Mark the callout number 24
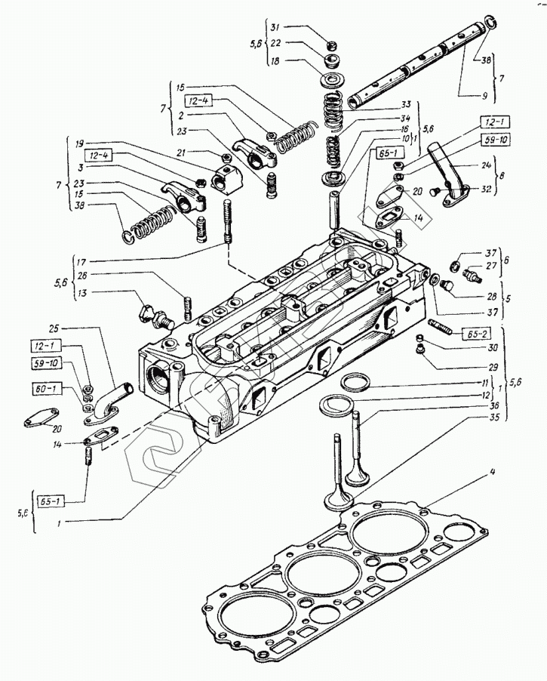point(485,166)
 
